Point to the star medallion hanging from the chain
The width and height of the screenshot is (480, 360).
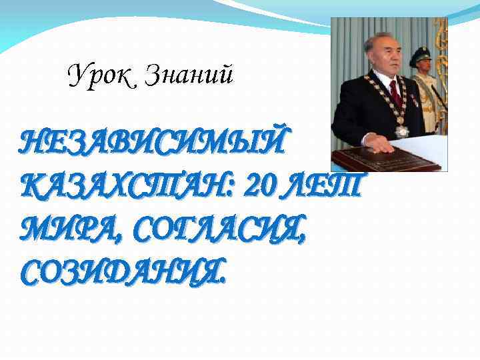401,129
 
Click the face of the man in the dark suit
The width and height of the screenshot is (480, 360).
383,56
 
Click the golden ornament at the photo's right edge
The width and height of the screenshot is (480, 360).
441,53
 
